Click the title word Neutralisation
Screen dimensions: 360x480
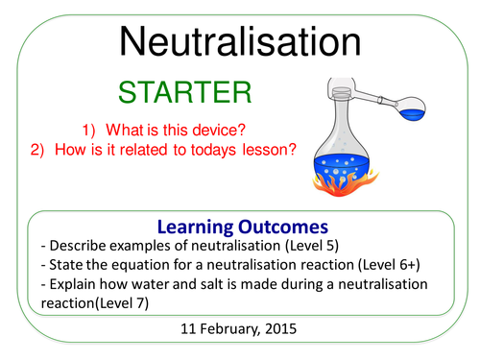pos(240,43)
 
